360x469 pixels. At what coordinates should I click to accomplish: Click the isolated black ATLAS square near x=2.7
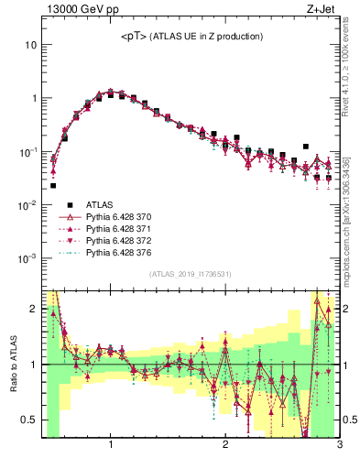tap(306, 146)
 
